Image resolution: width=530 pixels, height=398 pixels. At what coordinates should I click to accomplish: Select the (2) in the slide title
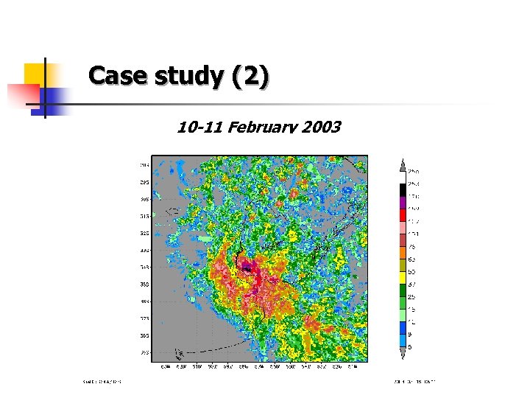coord(251,76)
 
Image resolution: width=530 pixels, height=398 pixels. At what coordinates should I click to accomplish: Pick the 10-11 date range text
coord(201,128)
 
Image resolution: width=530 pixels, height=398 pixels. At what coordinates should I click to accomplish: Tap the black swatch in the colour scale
coord(402,189)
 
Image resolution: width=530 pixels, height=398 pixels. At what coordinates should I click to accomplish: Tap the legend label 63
coord(412,259)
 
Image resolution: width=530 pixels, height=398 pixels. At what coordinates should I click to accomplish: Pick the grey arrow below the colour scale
coord(402,355)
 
